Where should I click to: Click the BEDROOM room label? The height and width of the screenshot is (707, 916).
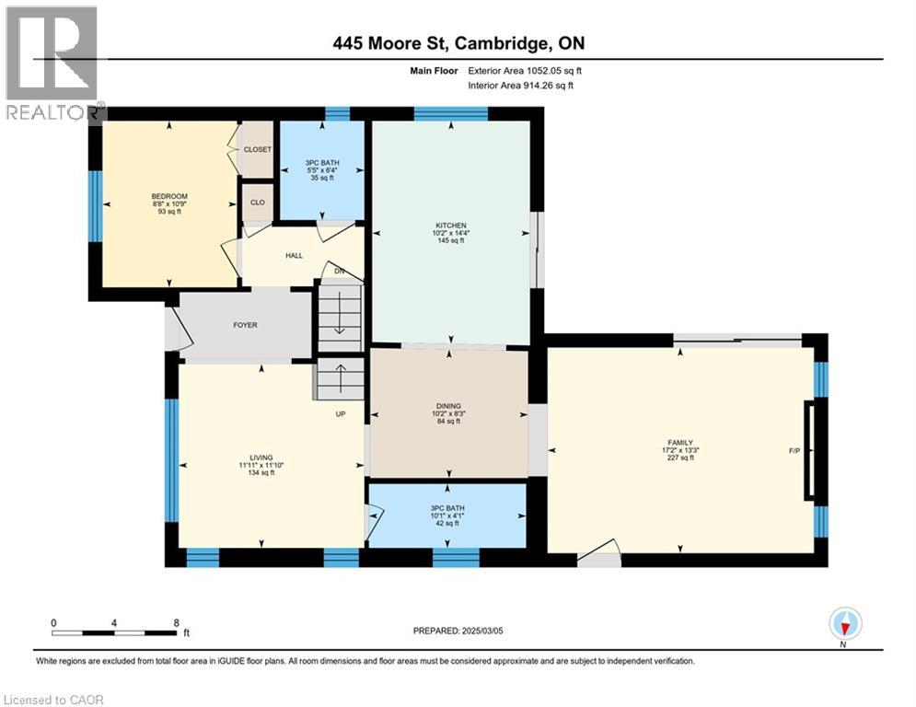pyautogui.click(x=169, y=196)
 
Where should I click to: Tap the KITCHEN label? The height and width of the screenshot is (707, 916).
pyautogui.click(x=451, y=226)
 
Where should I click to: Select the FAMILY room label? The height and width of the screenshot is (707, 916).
pyautogui.click(x=680, y=442)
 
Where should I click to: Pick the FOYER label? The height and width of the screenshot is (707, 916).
pyautogui.click(x=245, y=325)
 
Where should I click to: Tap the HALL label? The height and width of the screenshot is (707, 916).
pyautogui.click(x=294, y=256)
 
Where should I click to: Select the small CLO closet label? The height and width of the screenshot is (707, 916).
pyautogui.click(x=257, y=203)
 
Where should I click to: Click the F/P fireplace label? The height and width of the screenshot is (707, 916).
pyautogui.click(x=794, y=451)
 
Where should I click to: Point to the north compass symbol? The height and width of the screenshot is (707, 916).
pyautogui.click(x=844, y=624)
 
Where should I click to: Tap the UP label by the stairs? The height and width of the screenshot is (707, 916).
pyautogui.click(x=340, y=413)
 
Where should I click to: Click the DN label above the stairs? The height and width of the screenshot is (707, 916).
pyautogui.click(x=338, y=271)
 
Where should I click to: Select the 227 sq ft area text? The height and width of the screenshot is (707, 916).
pyautogui.click(x=680, y=458)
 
